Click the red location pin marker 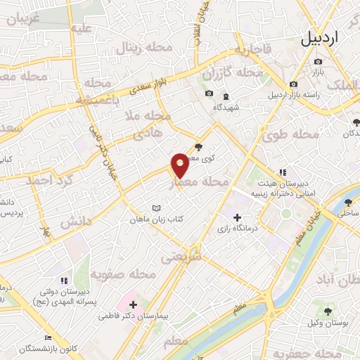pyautogui.click(x=180, y=165)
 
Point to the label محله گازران pyautogui.click(x=232, y=73)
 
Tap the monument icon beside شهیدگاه pyautogui.click(x=225, y=96)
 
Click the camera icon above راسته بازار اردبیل pyautogui.click(x=293, y=84)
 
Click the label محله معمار pyautogui.click(x=200, y=182)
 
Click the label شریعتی pyautogui.click(x=181, y=257)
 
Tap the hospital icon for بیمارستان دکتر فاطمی pyautogui.click(x=132, y=304)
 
